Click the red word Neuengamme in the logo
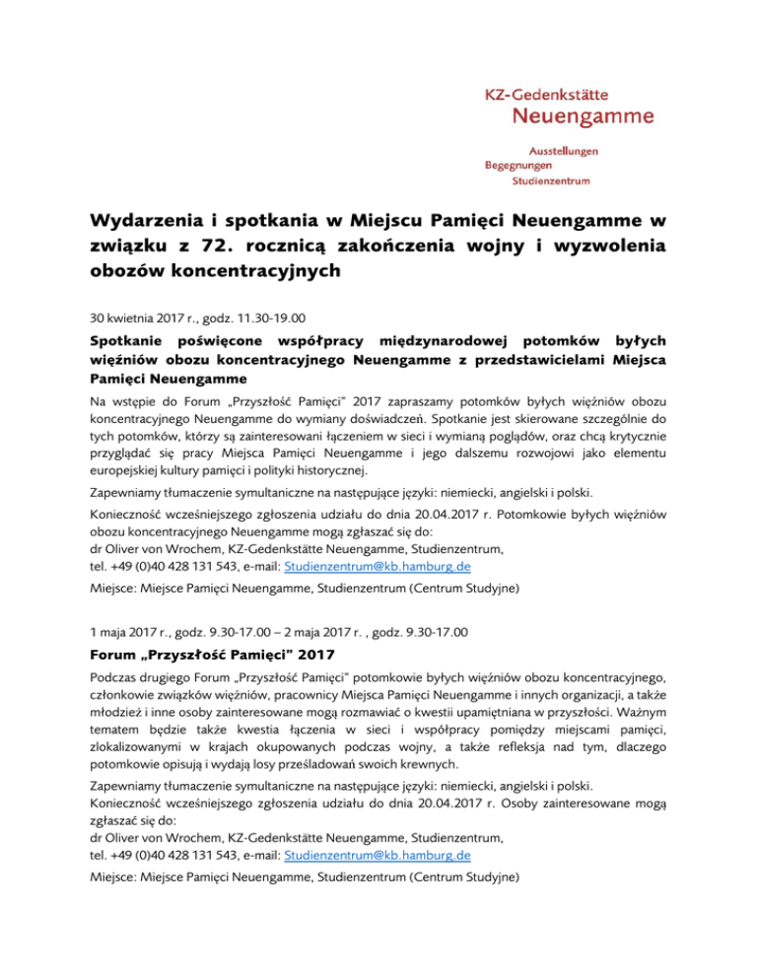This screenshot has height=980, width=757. pos(585,117)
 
